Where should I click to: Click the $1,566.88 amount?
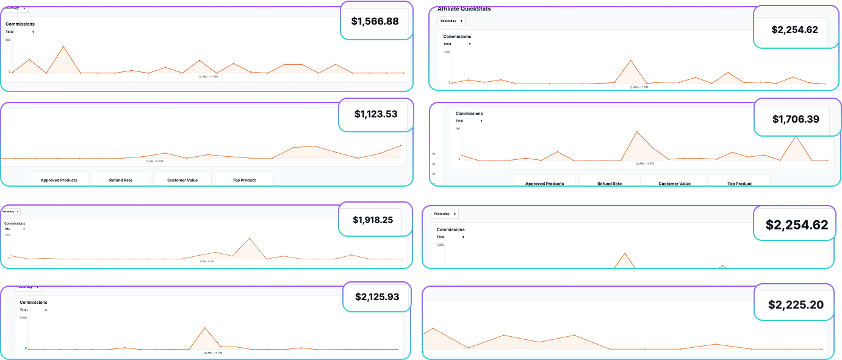coord(375,21)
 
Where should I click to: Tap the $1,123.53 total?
coord(376,113)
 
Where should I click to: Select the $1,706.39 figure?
coord(796,119)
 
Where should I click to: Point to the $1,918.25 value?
coord(373,220)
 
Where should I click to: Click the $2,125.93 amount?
coord(377,297)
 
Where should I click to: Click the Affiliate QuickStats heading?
coord(464,9)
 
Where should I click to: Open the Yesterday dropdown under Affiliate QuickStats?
coord(452,21)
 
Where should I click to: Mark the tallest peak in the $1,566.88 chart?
coord(63,46)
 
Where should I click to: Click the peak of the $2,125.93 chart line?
coord(205,328)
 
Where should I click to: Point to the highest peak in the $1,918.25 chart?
coord(250,238)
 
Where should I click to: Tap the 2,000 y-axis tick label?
coord(23,318)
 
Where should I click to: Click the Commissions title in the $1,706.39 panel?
coord(469,113)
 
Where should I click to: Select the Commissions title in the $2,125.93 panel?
coord(34,303)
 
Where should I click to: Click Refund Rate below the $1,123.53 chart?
coord(120,180)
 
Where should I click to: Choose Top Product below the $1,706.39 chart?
coord(739,183)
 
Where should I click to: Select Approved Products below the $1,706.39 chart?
coord(544,183)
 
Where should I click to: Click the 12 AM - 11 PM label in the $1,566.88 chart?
coord(208,77)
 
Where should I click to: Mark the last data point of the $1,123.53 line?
coord(401,145)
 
